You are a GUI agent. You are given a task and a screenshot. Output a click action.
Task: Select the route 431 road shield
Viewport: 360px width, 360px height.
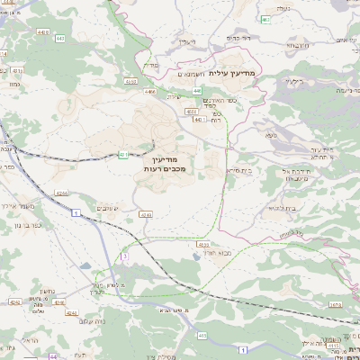click(123, 155)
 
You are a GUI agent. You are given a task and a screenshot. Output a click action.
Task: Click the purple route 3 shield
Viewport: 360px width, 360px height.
click(125, 256)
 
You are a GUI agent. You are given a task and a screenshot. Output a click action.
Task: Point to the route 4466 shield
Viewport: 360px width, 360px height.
click(150, 91)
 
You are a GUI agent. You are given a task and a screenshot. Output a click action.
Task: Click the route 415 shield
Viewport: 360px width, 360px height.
click(202, 335)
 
